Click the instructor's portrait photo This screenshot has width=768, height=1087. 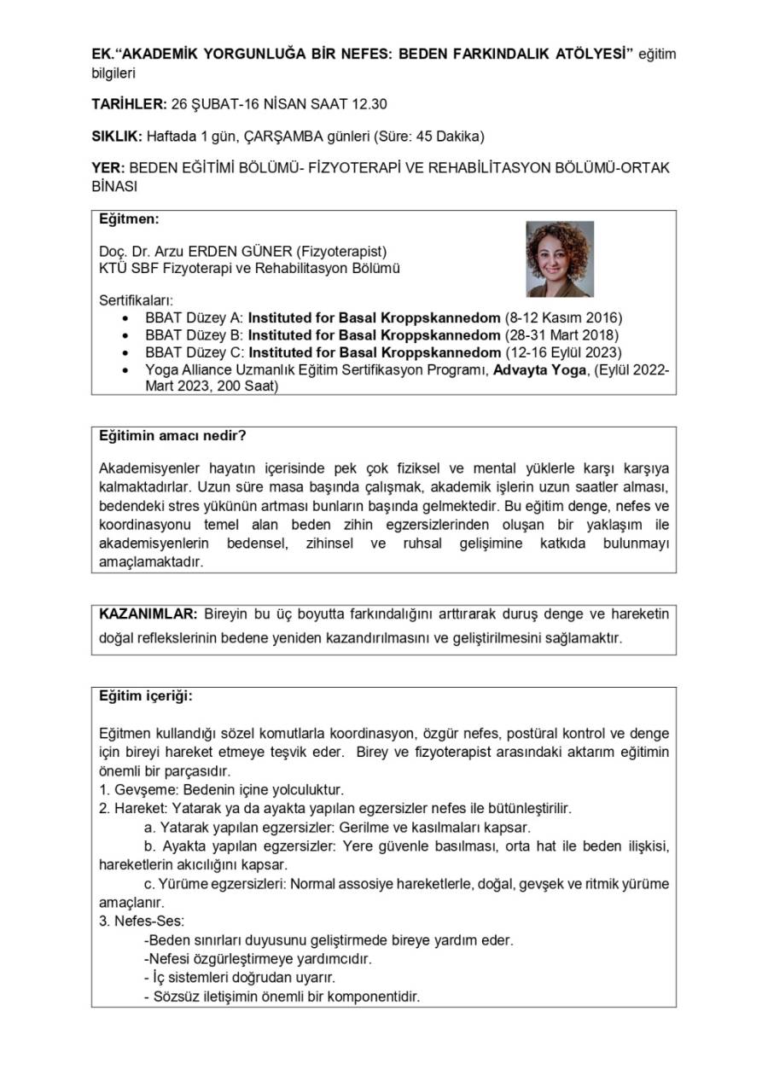click(x=560, y=259)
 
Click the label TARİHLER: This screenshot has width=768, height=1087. click(x=128, y=105)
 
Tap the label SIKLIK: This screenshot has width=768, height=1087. click(x=117, y=137)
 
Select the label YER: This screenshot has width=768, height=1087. click(x=108, y=168)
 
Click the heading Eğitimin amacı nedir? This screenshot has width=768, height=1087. click(x=173, y=436)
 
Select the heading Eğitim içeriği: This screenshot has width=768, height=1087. click(x=146, y=695)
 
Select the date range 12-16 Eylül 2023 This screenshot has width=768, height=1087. click(x=564, y=352)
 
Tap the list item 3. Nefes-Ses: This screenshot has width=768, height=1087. click(x=142, y=921)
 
